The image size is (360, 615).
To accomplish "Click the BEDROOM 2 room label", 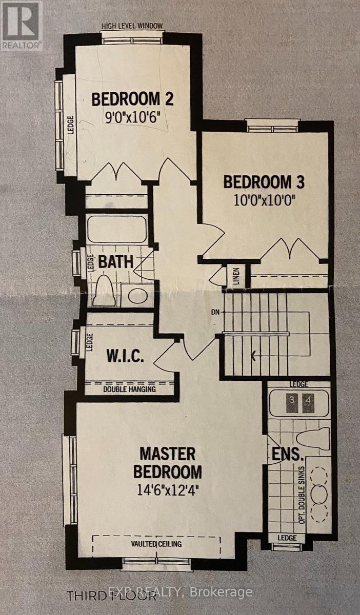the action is coord(132,99).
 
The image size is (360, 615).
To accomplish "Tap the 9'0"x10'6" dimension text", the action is coord(133,118).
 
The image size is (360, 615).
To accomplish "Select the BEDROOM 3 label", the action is coord(264,182).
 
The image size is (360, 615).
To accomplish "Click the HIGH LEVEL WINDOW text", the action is coord(132,26).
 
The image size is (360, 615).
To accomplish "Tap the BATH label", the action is coord(116,261).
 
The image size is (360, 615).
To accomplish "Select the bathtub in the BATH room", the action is coord(117,230).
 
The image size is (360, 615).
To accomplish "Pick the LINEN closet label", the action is coord(237,276).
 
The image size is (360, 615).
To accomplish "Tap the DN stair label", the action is coord(215,312).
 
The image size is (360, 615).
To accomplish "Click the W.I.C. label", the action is coord(125,356).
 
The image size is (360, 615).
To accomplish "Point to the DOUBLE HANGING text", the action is coord(129,389).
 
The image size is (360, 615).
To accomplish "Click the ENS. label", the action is coord(288,455).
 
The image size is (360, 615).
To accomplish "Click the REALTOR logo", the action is coord(21,26).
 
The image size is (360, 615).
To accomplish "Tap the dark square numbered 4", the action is coord(308,403).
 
